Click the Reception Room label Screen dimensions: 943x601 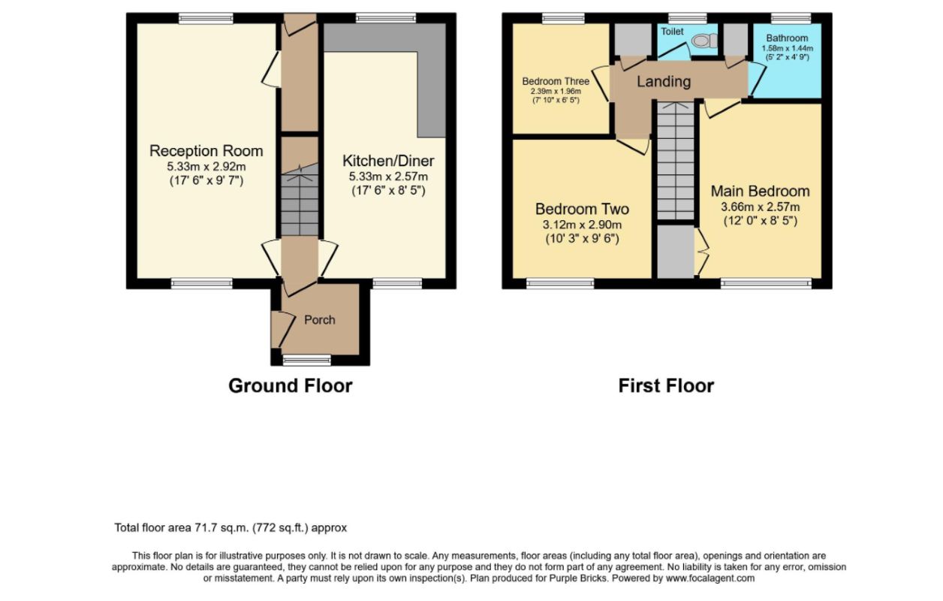point(206,151)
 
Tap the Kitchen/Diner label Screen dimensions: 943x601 point(388,161)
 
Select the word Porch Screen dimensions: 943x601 point(320,320)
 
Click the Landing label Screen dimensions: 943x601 point(664,81)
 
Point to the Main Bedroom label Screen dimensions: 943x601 point(761,192)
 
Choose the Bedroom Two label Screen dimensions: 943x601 point(582,209)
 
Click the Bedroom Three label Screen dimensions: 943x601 point(556,81)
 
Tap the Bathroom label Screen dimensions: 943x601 point(788,38)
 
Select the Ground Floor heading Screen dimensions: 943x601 point(291,386)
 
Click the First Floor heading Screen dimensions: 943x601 point(666,386)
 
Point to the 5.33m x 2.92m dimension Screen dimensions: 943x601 point(206,166)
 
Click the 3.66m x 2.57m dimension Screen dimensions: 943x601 point(761,207)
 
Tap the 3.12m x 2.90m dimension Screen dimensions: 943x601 point(582,225)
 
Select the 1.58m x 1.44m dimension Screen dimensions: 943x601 point(788,48)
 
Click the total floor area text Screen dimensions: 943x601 point(230,527)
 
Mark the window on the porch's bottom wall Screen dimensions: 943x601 point(307,360)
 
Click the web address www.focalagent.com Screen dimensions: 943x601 point(710,578)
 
